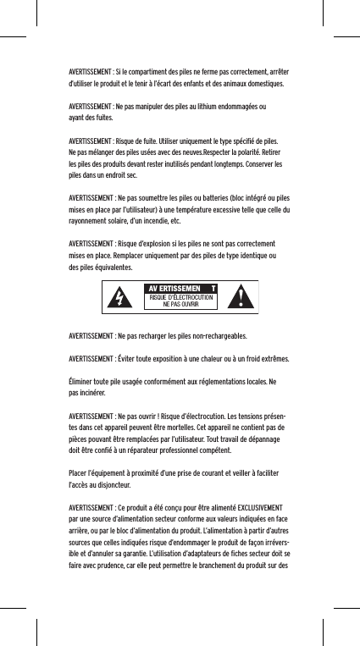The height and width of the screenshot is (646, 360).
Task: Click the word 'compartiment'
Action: [x=159, y=72]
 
